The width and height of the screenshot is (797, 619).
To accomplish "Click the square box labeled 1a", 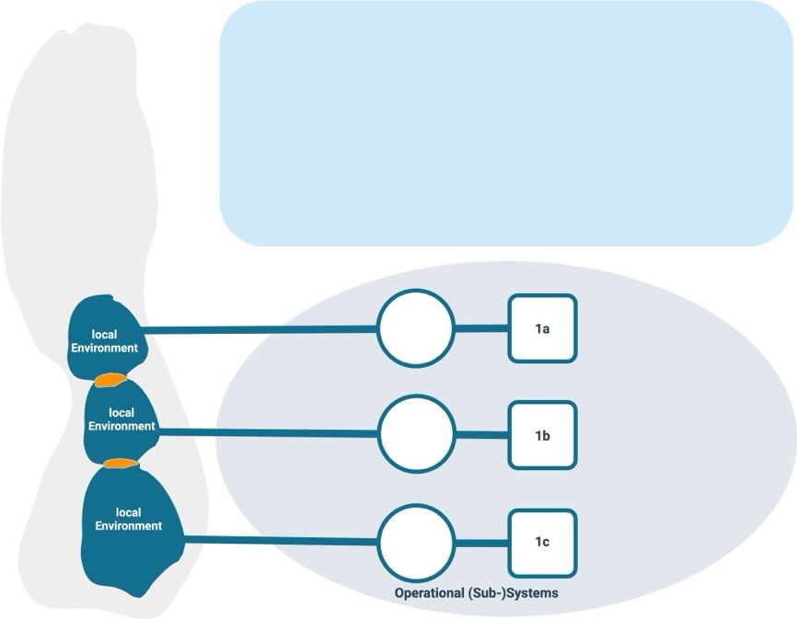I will tap(543, 328).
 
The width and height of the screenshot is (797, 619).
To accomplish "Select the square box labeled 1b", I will tap(543, 435).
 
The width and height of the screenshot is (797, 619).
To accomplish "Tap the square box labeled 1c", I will tap(543, 543).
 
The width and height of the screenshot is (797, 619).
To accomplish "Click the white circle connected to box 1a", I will tap(416, 328).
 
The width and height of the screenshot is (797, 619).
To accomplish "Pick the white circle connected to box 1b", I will tap(417, 434).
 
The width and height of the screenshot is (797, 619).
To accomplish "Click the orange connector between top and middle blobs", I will tap(110, 380).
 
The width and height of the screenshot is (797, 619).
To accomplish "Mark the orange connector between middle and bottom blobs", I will tap(117, 463).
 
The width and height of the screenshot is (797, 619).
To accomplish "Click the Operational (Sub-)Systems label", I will tap(476, 593).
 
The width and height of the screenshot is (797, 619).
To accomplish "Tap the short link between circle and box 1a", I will tap(481, 328).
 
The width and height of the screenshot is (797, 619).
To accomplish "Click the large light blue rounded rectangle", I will tap(506, 122).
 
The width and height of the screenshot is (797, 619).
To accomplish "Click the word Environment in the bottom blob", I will tap(129, 526).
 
